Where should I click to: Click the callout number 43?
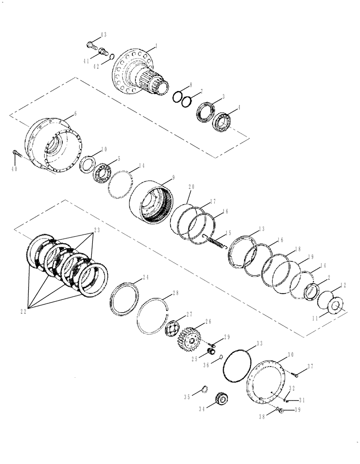pos(103,35)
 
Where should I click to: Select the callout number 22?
pos(23,312)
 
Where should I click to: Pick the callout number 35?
pos(187,397)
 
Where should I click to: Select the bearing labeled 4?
pos(225,121)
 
